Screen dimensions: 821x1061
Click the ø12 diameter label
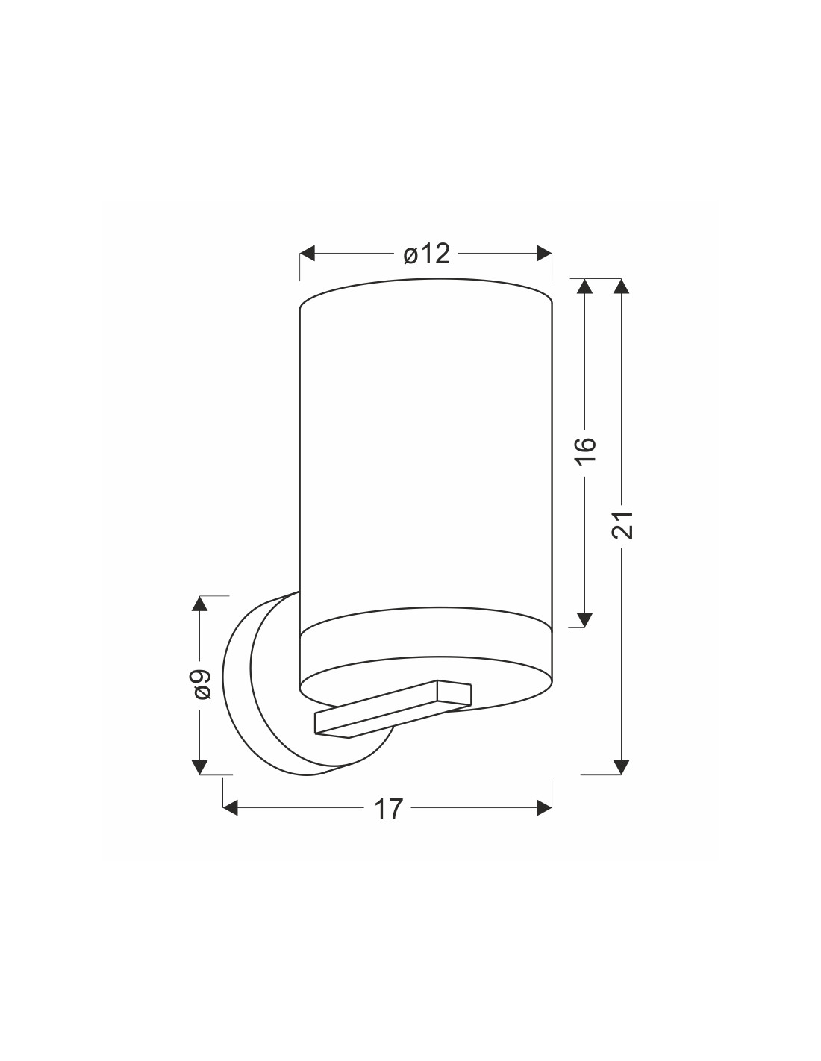click(x=426, y=254)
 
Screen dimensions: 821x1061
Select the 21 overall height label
click(x=622, y=525)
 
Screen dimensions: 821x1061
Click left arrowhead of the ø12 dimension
click(x=307, y=254)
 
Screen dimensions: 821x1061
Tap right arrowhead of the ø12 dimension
click(x=544, y=254)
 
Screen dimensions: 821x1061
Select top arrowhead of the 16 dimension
click(x=584, y=286)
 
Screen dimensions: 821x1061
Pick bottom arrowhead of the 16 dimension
click(x=584, y=619)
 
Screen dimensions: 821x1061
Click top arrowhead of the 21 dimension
click(x=621, y=286)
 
